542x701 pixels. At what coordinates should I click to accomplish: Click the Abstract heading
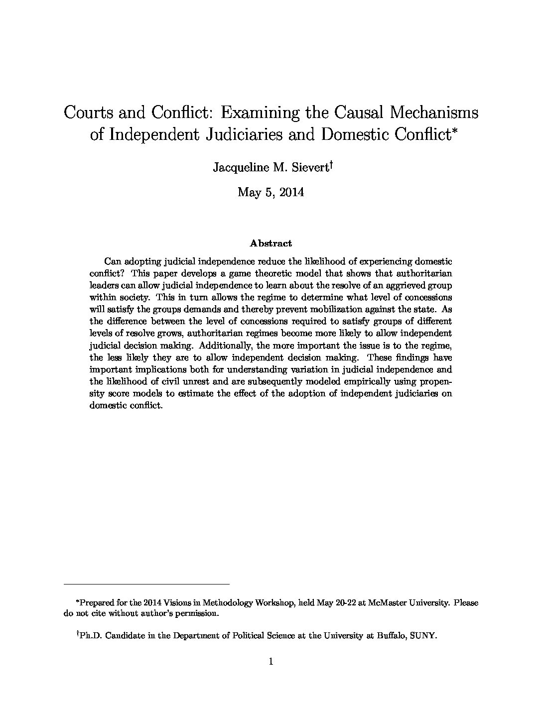pyautogui.click(x=271, y=243)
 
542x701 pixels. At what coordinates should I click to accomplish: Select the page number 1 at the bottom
pyautogui.click(x=271, y=661)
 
